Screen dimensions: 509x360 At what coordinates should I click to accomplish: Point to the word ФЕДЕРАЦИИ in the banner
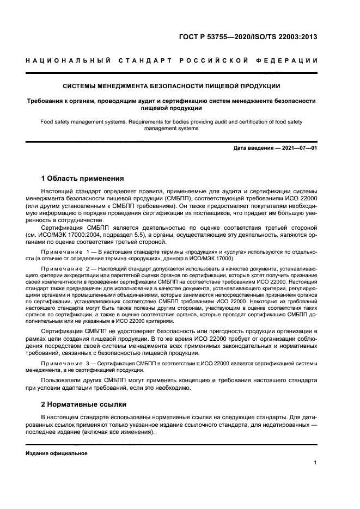click(288, 60)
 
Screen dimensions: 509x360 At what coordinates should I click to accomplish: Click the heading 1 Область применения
click(83, 179)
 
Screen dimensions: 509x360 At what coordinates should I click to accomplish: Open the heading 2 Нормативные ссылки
click(84, 404)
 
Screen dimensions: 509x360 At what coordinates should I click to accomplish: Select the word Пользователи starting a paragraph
click(66, 381)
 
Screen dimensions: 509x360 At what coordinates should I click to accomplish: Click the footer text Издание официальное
click(57, 453)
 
